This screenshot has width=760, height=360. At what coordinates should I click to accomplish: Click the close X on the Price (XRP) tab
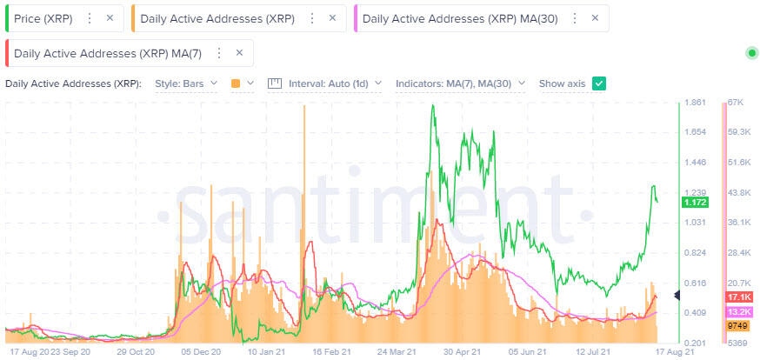(109, 17)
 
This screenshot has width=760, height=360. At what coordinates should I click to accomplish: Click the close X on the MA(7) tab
(238, 53)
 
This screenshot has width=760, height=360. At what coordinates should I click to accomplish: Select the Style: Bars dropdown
(185, 83)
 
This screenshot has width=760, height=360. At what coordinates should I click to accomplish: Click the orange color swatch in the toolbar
(236, 83)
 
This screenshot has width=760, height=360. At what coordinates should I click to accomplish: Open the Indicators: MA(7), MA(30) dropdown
(460, 83)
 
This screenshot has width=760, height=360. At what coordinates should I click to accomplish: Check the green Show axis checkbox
(598, 83)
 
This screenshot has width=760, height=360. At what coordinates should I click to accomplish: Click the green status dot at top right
(751, 54)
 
